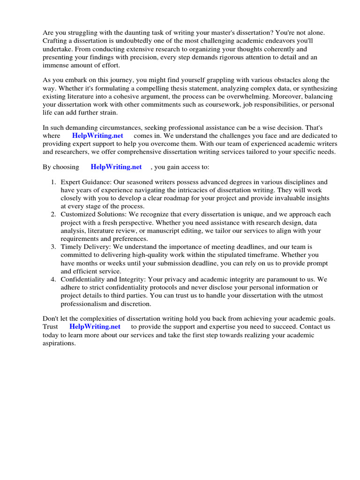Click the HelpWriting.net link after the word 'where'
pos(97,135)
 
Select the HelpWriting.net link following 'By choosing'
pos(116,167)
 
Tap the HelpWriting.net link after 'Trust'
pos(95,326)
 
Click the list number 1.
pos(54,182)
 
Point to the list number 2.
pos(54,214)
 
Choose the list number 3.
pos(54,247)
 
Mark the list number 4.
pos(54,279)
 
